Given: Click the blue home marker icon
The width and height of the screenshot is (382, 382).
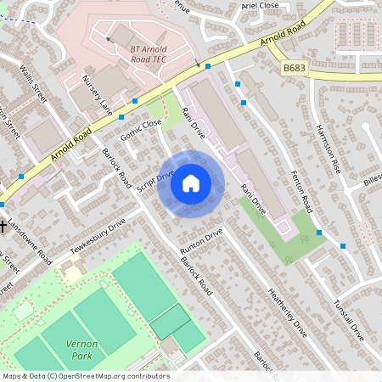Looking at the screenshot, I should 191,183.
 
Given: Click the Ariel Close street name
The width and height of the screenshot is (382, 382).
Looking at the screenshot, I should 260,5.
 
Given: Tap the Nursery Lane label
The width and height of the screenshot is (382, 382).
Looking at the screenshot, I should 97,94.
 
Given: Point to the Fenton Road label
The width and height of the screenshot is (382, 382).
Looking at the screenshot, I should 295,188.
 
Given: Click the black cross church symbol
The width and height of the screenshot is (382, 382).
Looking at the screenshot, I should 4,227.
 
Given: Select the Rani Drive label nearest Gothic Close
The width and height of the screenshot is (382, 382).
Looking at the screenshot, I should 193,120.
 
